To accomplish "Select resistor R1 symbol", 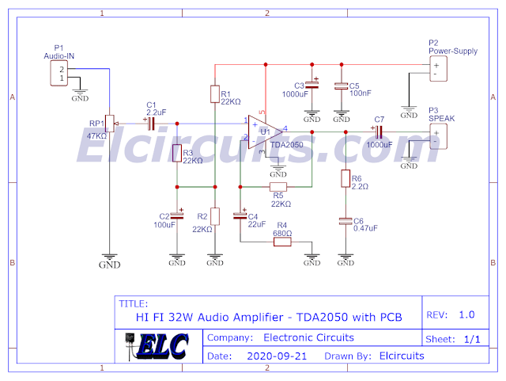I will tap(214, 95).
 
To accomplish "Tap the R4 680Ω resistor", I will tap(282, 242).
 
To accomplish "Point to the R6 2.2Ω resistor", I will tap(345, 180).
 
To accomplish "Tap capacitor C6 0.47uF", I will tap(345, 223).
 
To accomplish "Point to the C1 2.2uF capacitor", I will tap(150, 123).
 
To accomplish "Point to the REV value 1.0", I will tap(466, 314).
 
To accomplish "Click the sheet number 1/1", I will tap(472, 338).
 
